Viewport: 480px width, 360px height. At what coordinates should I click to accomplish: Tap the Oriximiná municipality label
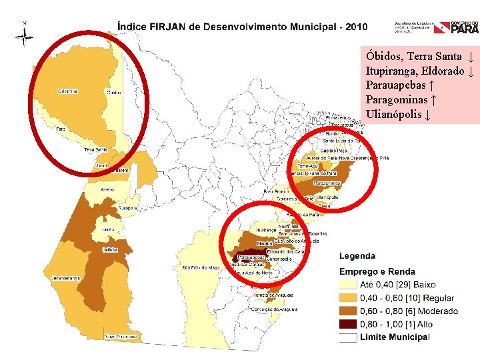point(68,91)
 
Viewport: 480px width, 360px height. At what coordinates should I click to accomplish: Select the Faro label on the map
point(60,129)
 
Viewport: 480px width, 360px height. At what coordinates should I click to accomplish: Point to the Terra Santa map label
point(96,150)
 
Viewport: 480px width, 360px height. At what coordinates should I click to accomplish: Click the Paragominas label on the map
point(327,183)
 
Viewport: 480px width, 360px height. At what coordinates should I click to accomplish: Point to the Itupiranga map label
point(267,229)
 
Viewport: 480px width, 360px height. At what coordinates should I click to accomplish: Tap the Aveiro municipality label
point(107,189)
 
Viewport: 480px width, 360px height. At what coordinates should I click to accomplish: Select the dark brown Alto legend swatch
point(348,325)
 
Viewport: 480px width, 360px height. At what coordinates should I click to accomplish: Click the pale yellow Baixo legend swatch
point(348,285)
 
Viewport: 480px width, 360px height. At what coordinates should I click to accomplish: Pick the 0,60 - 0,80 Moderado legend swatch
point(348,311)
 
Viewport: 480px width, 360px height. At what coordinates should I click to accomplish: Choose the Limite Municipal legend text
point(395,337)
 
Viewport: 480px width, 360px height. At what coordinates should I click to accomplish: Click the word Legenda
point(357,256)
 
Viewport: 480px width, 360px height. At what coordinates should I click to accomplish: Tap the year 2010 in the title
point(353,27)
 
